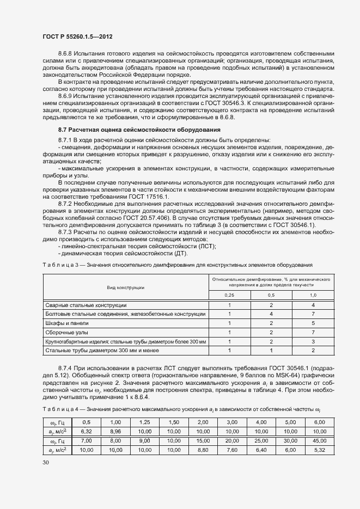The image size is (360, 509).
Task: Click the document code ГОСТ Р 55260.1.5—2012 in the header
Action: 77,36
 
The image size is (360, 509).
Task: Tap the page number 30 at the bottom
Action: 46,462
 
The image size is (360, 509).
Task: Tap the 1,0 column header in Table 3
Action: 313,295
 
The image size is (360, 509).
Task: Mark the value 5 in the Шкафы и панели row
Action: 313,323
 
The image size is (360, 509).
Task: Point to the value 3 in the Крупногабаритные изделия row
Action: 313,341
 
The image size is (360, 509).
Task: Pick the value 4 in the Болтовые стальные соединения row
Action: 271,314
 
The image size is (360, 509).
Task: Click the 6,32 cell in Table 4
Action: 86,430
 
